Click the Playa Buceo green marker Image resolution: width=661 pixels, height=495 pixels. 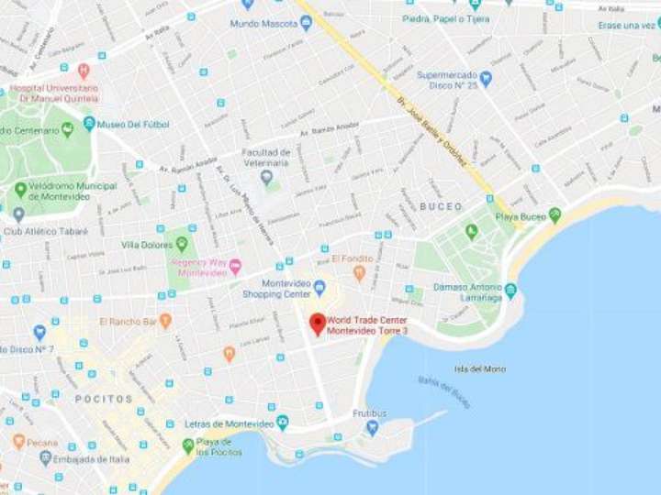click(x=555, y=215)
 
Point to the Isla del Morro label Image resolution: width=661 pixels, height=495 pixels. click(x=479, y=368)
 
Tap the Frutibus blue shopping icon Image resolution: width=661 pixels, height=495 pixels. click(x=372, y=427)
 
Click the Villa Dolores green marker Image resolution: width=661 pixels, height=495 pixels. click(x=182, y=244)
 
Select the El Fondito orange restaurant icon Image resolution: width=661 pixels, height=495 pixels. click(x=359, y=272)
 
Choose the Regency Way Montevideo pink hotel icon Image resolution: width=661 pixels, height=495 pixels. click(x=235, y=266)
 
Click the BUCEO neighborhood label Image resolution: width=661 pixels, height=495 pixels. click(x=441, y=206)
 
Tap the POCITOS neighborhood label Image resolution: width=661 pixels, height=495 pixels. click(x=104, y=400)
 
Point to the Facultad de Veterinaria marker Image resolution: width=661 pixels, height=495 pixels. click(x=266, y=177)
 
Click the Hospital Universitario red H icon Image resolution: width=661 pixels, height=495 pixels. click(x=84, y=71)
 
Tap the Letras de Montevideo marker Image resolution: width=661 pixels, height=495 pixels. click(x=282, y=423)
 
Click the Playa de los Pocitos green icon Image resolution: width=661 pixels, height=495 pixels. click(x=188, y=445)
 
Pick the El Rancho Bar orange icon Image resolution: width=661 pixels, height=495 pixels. click(x=165, y=321)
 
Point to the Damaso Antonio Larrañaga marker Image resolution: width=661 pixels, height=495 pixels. click(x=510, y=291)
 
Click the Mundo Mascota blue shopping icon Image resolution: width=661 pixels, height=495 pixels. click(x=306, y=23)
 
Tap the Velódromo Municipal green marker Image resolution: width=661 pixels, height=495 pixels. click(x=20, y=191)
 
